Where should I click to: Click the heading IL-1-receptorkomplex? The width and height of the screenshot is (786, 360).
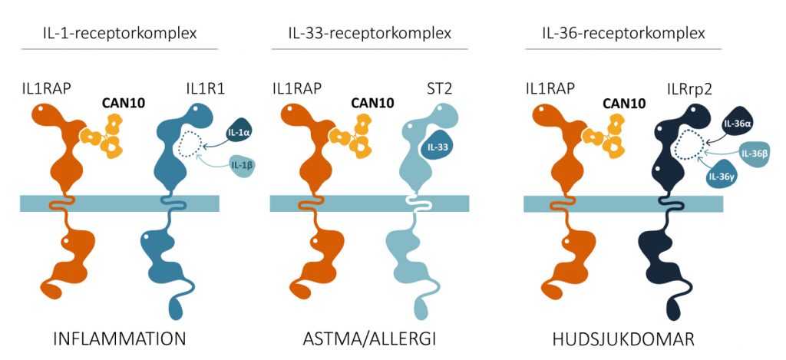[120, 34]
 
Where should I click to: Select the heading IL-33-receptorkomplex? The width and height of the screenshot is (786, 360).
[368, 34]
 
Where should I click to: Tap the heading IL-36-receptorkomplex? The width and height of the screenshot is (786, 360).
[623, 34]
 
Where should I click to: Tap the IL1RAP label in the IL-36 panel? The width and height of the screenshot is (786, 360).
[550, 88]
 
